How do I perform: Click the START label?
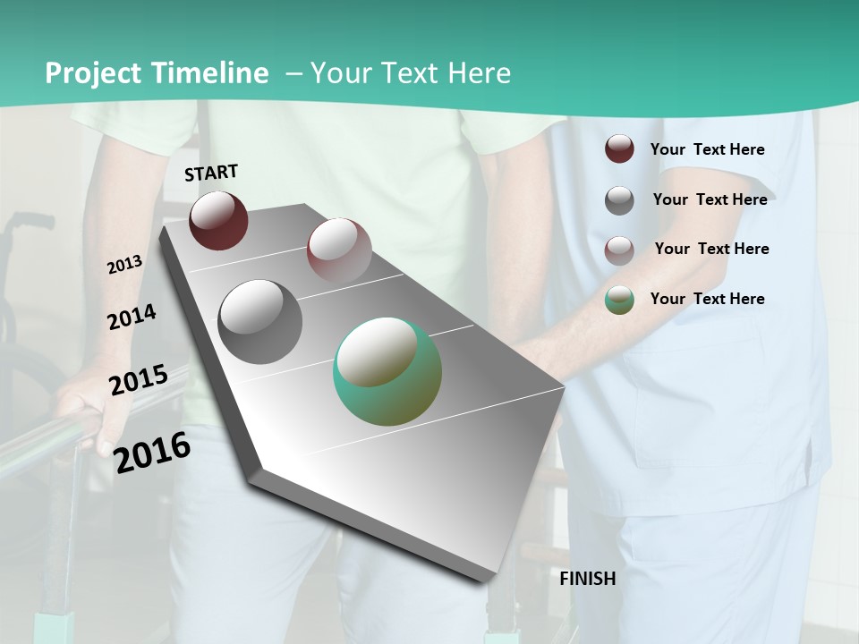point(211,173)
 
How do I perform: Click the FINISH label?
point(587,579)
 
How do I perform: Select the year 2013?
point(124,265)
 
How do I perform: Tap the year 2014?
point(132,317)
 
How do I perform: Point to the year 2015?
point(138,380)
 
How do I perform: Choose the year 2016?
point(152,453)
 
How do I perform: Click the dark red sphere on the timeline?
point(218,220)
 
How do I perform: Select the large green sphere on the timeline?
point(387,371)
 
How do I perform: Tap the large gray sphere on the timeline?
point(259,321)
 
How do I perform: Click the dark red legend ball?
point(619,148)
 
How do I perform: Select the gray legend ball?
point(619,200)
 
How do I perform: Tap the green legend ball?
point(619,300)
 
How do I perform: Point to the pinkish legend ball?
point(619,250)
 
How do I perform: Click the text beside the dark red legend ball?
point(707,149)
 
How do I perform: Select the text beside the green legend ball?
point(707,299)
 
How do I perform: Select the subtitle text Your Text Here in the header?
point(411,73)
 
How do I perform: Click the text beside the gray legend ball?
point(710,199)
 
